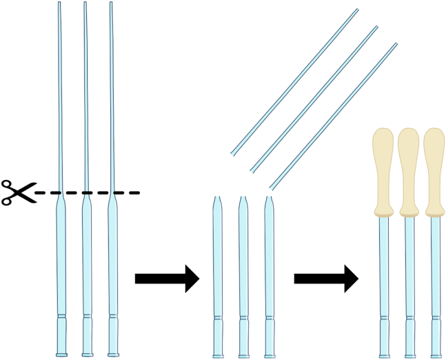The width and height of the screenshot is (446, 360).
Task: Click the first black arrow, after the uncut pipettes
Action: click(167, 278)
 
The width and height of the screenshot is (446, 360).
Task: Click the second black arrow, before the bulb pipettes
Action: click(326, 278)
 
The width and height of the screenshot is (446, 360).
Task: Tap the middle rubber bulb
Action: click(409, 169)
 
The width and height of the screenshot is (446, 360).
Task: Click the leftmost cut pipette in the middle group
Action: click(218, 262)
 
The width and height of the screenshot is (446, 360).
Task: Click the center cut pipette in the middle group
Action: click(243, 262)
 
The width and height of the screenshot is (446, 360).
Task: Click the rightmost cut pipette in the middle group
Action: click(270, 262)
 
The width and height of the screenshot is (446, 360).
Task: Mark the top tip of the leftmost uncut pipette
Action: click(59, 3)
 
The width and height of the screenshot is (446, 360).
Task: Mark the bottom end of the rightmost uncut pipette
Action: click(112, 354)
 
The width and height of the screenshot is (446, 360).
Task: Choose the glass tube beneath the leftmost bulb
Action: click(383, 276)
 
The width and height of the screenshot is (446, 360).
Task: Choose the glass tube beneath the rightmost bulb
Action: click(435, 276)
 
